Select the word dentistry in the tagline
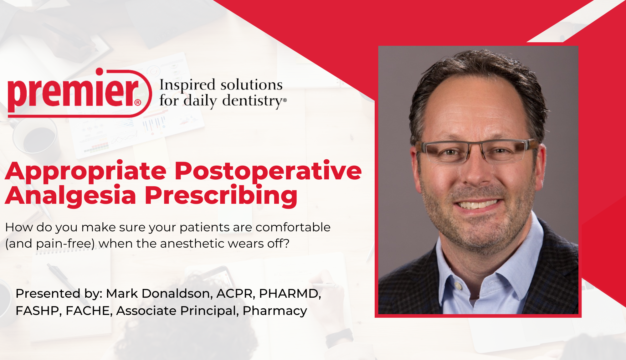(253, 101)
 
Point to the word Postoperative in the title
(268, 172)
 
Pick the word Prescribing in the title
(221, 196)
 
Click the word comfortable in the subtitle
(293, 227)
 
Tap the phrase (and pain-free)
(50, 244)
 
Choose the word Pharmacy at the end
(275, 311)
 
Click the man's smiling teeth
(478, 205)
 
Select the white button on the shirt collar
(458, 285)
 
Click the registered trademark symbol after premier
(138, 102)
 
